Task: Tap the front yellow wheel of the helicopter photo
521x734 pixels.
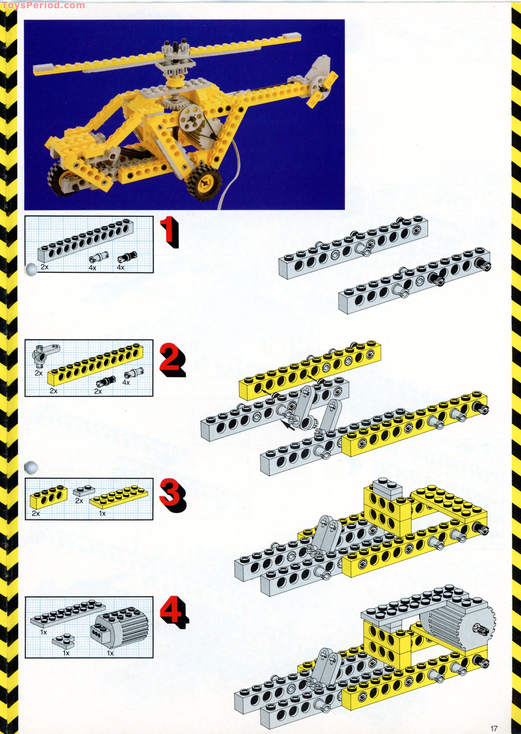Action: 205,182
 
